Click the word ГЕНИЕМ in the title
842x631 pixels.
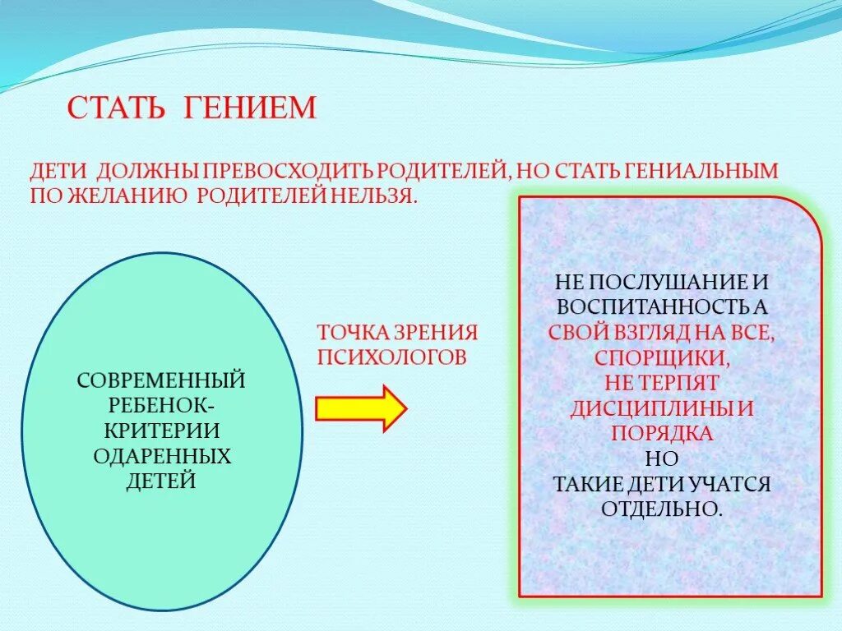pos(250,108)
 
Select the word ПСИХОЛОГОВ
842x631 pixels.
pos(392,357)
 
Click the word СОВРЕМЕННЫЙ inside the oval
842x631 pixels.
pos(161,381)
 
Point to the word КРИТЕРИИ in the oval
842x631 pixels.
pos(161,431)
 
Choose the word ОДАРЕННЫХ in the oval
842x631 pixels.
pos(161,456)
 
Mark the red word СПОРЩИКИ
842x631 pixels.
pos(662,358)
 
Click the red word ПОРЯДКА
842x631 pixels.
pos(662,433)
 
